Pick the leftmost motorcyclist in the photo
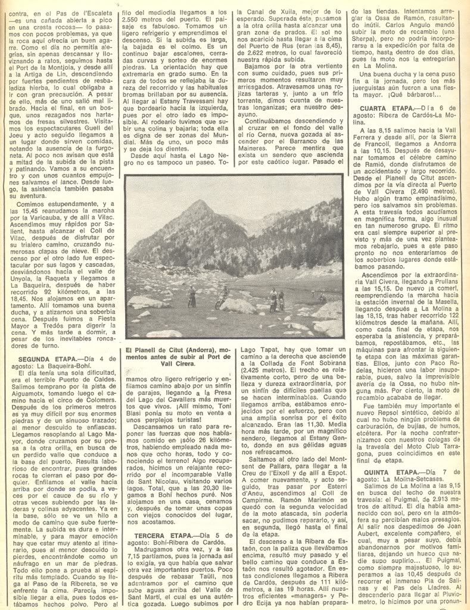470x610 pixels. point(192,297)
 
